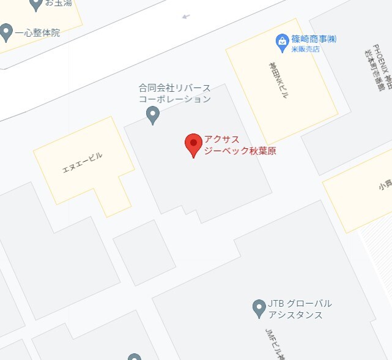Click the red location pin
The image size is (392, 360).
coord(193,144)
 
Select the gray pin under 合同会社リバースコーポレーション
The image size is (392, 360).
coord(153,114)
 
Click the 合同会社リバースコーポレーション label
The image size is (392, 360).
coord(174,93)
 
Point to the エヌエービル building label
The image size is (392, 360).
coord(83,163)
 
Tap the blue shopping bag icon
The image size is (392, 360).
coord(282,41)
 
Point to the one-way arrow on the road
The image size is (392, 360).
coord(186,17)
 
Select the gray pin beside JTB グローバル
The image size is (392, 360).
coord(259,308)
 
